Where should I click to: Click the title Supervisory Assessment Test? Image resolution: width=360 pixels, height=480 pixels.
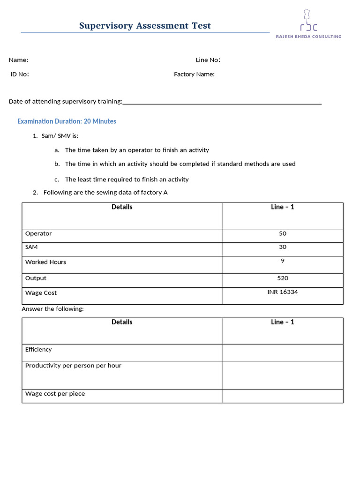pyautogui.click(x=145, y=26)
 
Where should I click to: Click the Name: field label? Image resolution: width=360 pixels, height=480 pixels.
pyautogui.click(x=18, y=60)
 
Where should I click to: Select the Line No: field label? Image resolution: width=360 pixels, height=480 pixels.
pyautogui.click(x=208, y=60)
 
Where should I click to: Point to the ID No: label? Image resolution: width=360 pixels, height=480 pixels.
pyautogui.click(x=20, y=74)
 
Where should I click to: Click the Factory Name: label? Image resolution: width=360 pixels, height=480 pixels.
pyautogui.click(x=194, y=74)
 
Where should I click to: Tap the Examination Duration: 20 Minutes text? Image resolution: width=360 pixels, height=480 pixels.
pyautogui.click(x=67, y=121)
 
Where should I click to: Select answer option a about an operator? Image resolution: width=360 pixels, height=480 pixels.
pyautogui.click(x=136, y=150)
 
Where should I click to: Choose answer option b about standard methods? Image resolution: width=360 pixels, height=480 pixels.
pyautogui.click(x=180, y=164)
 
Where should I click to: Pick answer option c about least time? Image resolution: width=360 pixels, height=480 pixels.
pyautogui.click(x=127, y=180)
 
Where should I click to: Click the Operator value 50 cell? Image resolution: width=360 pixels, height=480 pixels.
pyautogui.click(x=282, y=234)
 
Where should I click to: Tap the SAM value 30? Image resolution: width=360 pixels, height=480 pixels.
pyautogui.click(x=282, y=247)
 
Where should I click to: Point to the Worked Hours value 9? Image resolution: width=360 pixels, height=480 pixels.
pyautogui.click(x=282, y=261)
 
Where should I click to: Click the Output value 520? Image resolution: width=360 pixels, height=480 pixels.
pyautogui.click(x=282, y=278)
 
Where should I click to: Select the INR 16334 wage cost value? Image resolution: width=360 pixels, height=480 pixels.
pyautogui.click(x=282, y=292)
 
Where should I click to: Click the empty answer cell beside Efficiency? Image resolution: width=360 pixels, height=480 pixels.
pyautogui.click(x=282, y=352)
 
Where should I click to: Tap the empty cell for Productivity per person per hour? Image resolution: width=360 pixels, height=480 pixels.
pyautogui.click(x=282, y=375)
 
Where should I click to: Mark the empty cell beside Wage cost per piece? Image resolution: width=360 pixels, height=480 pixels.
pyautogui.click(x=282, y=396)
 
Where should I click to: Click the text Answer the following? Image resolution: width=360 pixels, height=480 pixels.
pyautogui.click(x=52, y=309)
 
